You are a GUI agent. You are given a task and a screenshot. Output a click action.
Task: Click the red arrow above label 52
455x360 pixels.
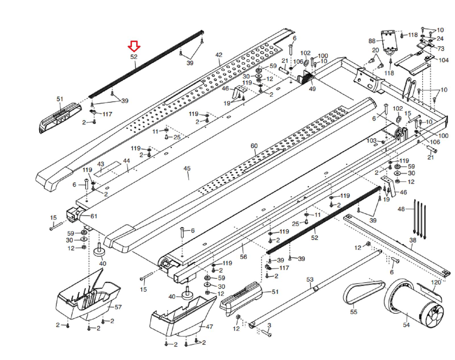pyautogui.click(x=134, y=46)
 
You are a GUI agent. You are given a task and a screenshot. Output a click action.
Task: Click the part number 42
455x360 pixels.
pyautogui.click(x=219, y=55)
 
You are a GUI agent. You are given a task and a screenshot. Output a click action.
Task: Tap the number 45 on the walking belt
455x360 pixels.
pyautogui.click(x=187, y=168)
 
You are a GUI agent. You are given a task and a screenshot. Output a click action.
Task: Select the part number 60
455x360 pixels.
pyautogui.click(x=254, y=146)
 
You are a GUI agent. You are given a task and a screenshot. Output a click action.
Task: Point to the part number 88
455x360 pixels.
pyautogui.click(x=372, y=41)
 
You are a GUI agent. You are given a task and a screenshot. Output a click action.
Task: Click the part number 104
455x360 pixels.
pyautogui.click(x=444, y=60)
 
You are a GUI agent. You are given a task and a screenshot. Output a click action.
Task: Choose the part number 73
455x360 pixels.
pyautogui.click(x=441, y=49)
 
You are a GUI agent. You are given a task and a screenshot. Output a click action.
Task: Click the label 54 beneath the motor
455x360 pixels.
pyautogui.click(x=406, y=325)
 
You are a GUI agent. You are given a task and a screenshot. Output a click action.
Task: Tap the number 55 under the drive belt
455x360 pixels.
pyautogui.click(x=353, y=312)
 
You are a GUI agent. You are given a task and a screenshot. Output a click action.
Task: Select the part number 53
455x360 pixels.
pyautogui.click(x=310, y=280)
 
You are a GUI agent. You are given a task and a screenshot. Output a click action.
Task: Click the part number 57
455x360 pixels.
pyautogui.click(x=118, y=307)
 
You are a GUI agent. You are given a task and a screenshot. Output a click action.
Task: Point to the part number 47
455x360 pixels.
pyautogui.click(x=210, y=327)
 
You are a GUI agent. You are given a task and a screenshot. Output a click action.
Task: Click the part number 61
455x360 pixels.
pyautogui.click(x=94, y=216)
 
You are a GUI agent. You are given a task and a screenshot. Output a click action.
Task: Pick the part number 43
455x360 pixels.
pyautogui.click(x=101, y=164)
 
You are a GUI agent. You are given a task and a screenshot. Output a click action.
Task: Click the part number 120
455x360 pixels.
pyautogui.click(x=436, y=282)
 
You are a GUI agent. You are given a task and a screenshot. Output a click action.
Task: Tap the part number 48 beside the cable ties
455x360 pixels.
pyautogui.click(x=401, y=209)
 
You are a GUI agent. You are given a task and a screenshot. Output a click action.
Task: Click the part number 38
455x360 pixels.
pyautogui.click(x=413, y=240)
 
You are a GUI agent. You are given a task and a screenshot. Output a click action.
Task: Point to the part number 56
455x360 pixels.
pyautogui.click(x=243, y=257)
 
